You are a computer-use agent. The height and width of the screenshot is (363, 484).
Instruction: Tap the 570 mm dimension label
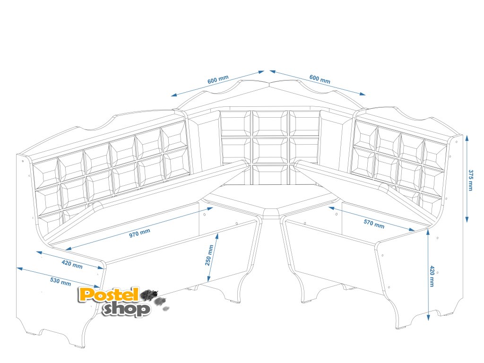[374, 223]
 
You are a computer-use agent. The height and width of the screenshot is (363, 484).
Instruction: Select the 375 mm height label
[470, 180]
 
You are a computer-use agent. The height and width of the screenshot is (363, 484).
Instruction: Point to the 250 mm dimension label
[210, 255]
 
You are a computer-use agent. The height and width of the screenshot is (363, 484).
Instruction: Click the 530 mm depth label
[60, 281]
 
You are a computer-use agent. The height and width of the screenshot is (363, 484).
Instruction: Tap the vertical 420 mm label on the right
[432, 277]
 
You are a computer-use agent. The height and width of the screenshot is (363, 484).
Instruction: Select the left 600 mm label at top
[218, 80]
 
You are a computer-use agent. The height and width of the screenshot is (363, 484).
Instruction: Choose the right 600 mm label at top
[320, 79]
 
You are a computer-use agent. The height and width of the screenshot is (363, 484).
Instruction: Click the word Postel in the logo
[109, 295]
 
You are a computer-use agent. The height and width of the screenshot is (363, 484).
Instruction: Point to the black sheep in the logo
[149, 295]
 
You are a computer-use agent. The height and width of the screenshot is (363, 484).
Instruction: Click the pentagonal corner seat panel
[269, 198]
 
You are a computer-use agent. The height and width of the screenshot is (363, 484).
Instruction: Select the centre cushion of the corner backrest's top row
[269, 123]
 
